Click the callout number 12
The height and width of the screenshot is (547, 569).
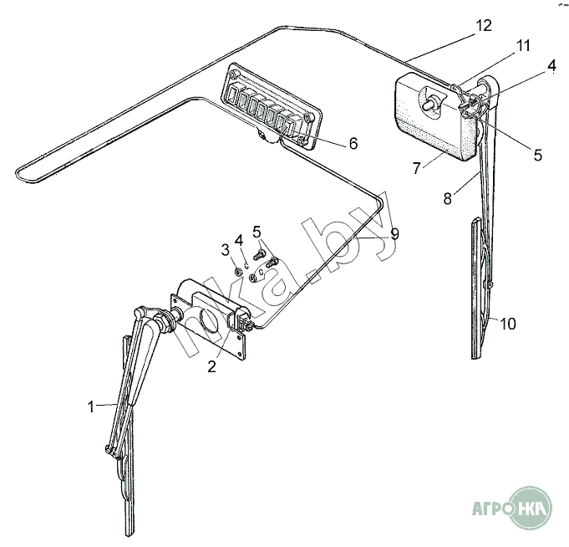point(484,25)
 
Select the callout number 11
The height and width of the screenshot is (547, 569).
point(523,46)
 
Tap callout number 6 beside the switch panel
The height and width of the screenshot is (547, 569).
point(353,144)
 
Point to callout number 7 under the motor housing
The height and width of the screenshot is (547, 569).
point(416,168)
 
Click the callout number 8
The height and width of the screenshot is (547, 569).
point(448,199)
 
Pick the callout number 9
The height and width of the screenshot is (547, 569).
point(395,234)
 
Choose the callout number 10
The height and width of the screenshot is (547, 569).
point(508,324)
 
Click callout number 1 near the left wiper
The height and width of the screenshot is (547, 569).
point(91,406)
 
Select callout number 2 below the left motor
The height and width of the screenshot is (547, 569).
point(212,366)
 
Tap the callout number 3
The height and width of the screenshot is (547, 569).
point(226,249)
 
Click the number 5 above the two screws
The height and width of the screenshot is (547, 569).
point(257,232)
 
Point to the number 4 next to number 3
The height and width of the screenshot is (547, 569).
point(239,240)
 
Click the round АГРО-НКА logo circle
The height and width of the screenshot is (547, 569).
point(531,507)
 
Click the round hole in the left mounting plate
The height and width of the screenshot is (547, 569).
point(209,320)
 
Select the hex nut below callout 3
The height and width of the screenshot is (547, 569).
point(238,271)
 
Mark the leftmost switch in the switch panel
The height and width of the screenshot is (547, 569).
point(232,95)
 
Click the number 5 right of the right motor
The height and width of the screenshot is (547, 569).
point(537,155)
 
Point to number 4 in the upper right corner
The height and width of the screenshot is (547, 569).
point(551,66)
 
